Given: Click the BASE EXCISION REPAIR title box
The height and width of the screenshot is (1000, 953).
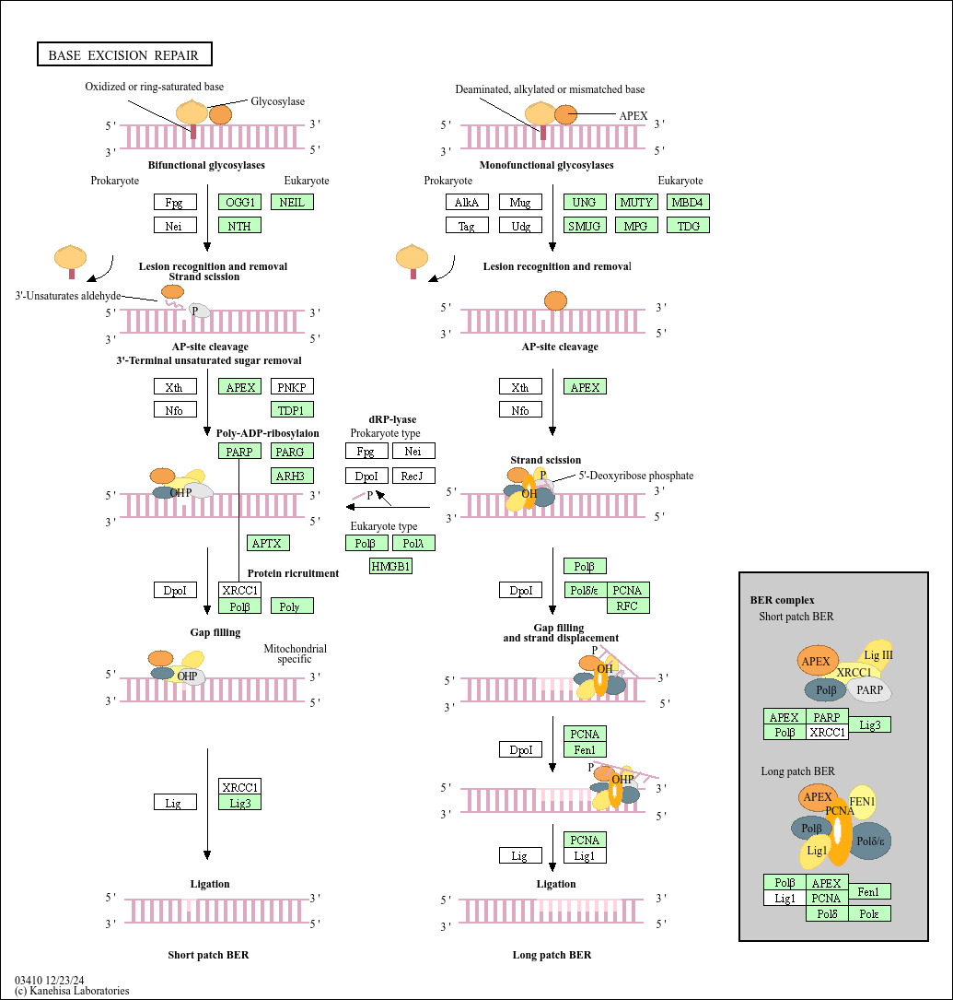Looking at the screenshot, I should pyautogui.click(x=124, y=55).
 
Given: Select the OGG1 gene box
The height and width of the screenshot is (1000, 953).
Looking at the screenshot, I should pyautogui.click(x=240, y=202).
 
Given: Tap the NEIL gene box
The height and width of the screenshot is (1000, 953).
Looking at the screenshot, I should pyautogui.click(x=292, y=202).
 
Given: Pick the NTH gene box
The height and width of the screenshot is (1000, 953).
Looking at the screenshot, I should pyautogui.click(x=240, y=225).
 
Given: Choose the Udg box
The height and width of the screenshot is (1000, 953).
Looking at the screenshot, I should pyautogui.click(x=520, y=225).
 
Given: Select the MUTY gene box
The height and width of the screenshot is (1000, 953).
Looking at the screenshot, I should pyautogui.click(x=636, y=202).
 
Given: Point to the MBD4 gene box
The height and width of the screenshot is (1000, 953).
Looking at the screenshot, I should pyautogui.click(x=689, y=202).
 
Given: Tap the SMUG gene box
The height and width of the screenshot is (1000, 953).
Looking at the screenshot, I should pyautogui.click(x=585, y=225).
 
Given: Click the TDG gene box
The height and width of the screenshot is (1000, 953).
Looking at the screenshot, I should pyautogui.click(x=689, y=225).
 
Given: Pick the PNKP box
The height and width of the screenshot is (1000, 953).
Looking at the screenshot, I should pyautogui.click(x=292, y=387).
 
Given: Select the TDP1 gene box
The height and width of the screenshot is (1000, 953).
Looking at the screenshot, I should pyautogui.click(x=292, y=409).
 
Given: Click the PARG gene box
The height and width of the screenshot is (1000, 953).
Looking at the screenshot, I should pyautogui.click(x=292, y=451).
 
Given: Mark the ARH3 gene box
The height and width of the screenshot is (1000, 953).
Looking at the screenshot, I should pyautogui.click(x=292, y=476).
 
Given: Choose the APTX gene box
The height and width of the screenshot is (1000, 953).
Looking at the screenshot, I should pyautogui.click(x=268, y=543).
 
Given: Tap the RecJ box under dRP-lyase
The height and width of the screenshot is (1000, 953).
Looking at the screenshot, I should pyautogui.click(x=413, y=476).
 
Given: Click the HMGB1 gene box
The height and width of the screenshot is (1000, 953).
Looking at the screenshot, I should pyautogui.click(x=391, y=566).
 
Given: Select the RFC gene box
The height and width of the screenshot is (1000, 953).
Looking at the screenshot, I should pyautogui.click(x=628, y=606).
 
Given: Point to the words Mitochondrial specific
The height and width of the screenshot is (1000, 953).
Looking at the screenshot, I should pyautogui.click(x=296, y=653).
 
